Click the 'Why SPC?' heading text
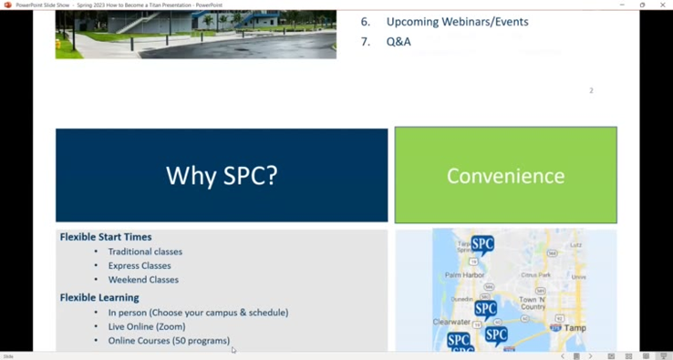pos(222,175)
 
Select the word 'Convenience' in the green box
pos(505,176)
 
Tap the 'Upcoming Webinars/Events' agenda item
pos(457,22)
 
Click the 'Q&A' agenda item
pos(399,42)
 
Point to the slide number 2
pos(591,91)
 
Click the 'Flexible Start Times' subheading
pos(106,237)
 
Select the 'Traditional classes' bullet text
pos(145,252)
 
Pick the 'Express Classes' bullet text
pos(140,266)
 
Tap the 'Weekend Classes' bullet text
pos(143,280)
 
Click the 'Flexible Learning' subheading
pos(99,297)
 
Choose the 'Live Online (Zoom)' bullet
pos(147,326)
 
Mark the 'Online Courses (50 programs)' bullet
pos(169,341)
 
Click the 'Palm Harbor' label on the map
pos(465,273)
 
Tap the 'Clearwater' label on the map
pos(451,322)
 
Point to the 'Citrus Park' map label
pos(534,275)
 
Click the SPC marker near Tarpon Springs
pos(482,244)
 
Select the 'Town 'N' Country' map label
pos(533,303)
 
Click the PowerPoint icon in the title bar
pos(7,5)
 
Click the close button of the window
pos(663,5)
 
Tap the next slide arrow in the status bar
pos(590,356)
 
